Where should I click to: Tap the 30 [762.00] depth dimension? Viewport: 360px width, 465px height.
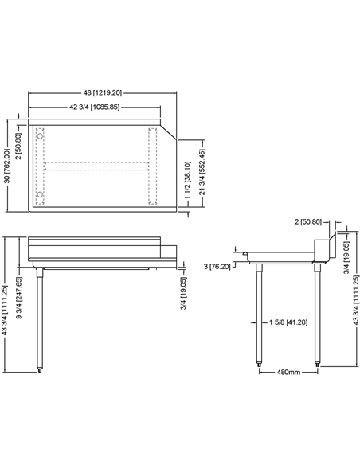coord(8,165)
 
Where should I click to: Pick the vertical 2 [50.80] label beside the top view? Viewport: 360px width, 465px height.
coord(18,139)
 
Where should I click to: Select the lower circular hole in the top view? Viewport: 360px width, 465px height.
coord(40,194)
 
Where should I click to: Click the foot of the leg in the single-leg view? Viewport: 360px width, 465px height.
coord(39,369)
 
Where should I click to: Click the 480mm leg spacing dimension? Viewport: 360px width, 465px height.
coord(290,372)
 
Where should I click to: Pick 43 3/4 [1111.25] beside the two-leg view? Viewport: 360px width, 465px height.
coord(355,306)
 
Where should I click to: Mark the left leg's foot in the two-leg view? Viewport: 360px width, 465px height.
coord(260,365)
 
